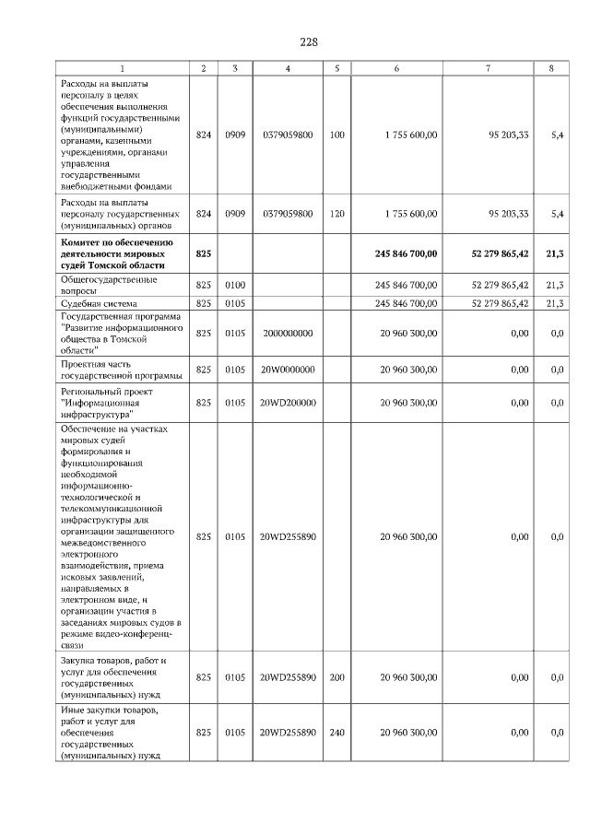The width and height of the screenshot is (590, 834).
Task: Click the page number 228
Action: (309, 41)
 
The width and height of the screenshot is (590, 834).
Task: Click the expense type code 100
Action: (336, 135)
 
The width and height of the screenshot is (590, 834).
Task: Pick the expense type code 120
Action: (336, 214)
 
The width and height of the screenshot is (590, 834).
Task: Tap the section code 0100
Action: (235, 285)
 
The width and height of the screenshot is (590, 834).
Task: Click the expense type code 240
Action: (336, 732)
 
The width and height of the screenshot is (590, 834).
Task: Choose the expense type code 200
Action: (336, 677)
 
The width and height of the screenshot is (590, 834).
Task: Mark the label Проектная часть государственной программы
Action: (116, 370)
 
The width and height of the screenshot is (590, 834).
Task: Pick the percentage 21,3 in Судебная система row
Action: (555, 302)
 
